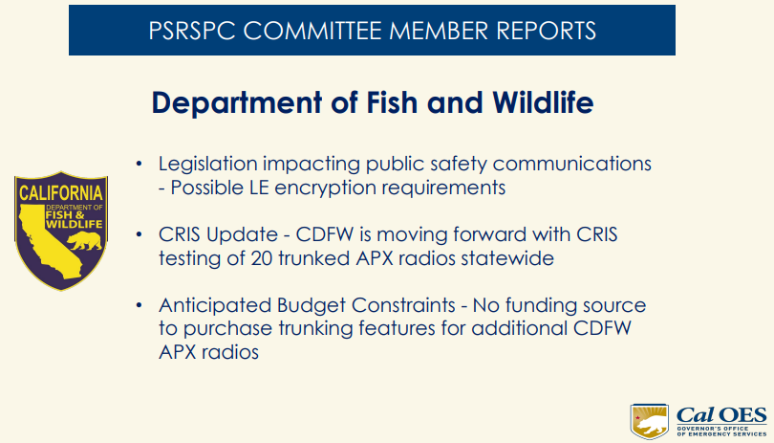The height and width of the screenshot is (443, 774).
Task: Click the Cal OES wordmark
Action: [721, 413]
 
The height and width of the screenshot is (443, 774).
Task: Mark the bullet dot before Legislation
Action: [140, 164]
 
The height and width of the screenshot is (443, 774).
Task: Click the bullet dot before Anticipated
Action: [140, 306]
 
